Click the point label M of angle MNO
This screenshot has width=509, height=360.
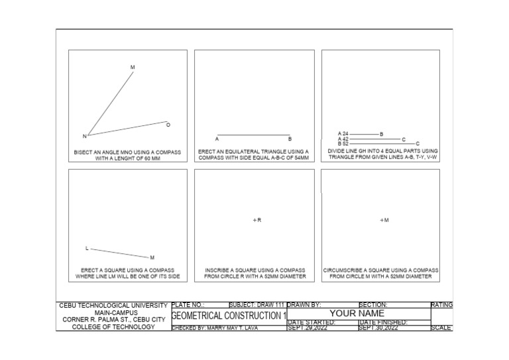(133, 68)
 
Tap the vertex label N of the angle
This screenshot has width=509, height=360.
(84, 137)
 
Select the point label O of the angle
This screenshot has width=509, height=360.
(168, 125)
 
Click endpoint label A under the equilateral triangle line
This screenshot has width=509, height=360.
(217, 139)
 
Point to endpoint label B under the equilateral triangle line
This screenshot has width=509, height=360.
(290, 139)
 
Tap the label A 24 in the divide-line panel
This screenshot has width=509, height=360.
(343, 134)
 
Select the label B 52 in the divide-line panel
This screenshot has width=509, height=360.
(343, 143)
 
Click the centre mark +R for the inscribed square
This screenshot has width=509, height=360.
(257, 220)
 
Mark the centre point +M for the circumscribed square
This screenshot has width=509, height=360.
(384, 220)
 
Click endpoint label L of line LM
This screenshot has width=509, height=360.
(86, 249)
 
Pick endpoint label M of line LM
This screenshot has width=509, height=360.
(152, 257)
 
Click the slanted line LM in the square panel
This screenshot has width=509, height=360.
(119, 253)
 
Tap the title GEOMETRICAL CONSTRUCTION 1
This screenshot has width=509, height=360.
(229, 315)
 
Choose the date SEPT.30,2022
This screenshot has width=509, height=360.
(378, 328)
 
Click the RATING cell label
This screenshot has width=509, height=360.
(441, 305)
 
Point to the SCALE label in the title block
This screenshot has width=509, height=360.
(441, 328)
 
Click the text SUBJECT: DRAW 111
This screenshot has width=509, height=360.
(256, 305)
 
